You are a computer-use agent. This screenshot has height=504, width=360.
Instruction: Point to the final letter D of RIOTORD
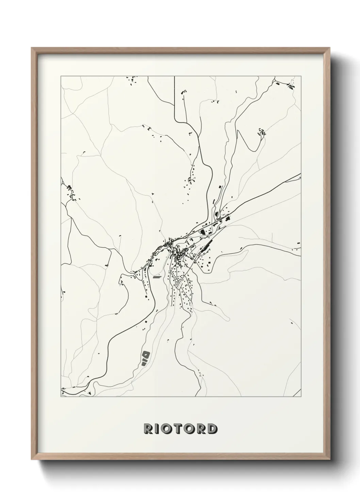pyautogui.click(x=212, y=429)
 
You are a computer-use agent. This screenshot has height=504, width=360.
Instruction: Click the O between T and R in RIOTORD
pyautogui.click(x=191, y=429)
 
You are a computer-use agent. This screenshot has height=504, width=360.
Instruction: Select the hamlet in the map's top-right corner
pyautogui.click(x=290, y=85)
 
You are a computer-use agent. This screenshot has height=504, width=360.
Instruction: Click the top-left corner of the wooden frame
pyautogui.click(x=32, y=48)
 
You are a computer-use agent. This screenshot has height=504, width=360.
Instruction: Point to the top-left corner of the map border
pyautogui.click(x=61, y=76)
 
